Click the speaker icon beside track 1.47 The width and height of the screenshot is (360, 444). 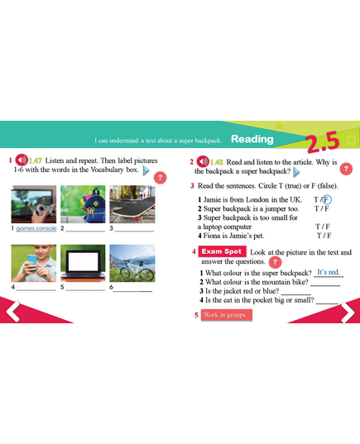[22, 160]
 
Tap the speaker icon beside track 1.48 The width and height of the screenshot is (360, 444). [203, 162]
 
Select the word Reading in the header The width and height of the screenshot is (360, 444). [252, 139]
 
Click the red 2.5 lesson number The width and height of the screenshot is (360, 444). [323, 141]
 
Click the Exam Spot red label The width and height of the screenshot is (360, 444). [222, 251]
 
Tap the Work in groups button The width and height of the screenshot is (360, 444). [226, 315]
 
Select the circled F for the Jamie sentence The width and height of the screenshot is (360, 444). [327, 199]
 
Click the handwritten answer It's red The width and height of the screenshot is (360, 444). [328, 272]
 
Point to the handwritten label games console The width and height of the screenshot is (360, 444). [36, 228]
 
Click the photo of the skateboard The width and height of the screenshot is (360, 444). [132, 204]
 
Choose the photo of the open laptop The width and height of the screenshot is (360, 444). [83, 263]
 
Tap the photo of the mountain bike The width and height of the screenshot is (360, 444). [132, 263]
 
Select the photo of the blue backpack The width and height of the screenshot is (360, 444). [83, 204]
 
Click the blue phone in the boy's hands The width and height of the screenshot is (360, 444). [32, 260]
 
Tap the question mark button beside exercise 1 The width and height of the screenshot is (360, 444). [161, 178]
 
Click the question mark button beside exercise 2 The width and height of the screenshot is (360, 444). [346, 169]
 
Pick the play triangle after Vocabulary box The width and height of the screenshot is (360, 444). [146, 170]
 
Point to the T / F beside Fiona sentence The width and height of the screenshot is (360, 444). [324, 236]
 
